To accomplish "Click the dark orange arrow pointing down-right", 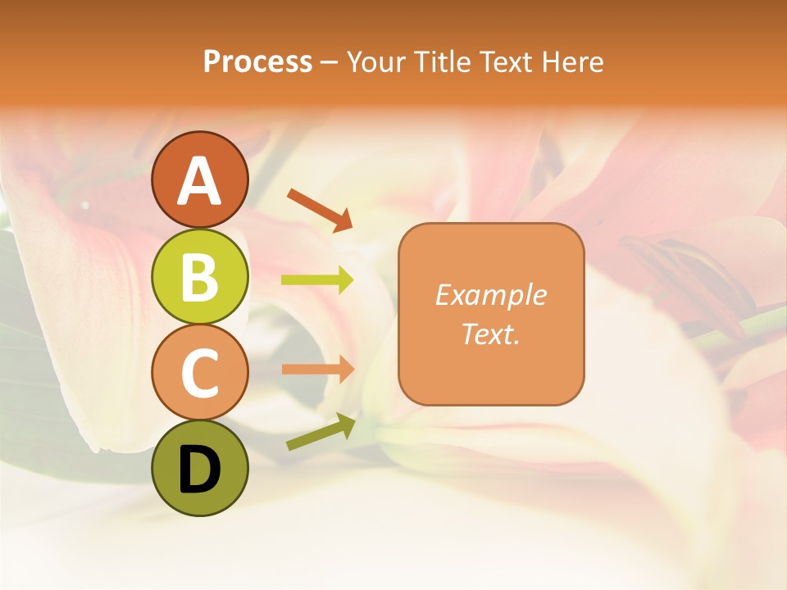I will tap(320, 210).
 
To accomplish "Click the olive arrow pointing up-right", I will tap(321, 432).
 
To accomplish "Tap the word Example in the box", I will tap(491, 295).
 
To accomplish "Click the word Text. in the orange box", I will tap(491, 334).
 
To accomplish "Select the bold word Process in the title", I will tap(257, 61).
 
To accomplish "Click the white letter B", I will tap(200, 277).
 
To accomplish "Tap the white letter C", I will tap(200, 373).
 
